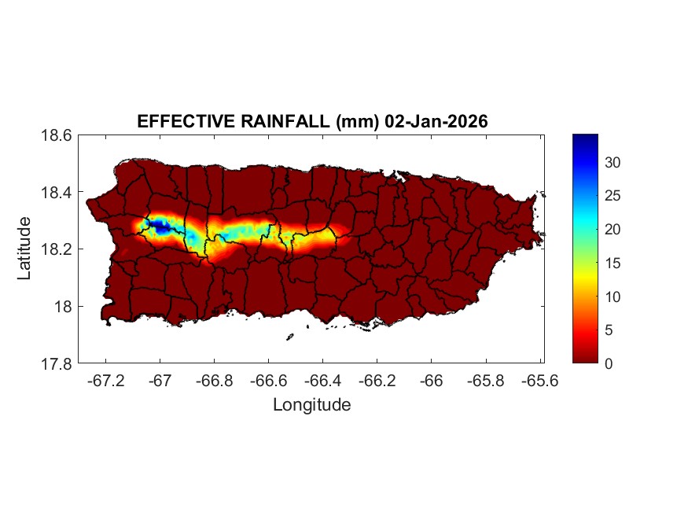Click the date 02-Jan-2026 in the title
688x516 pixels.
(x=436, y=122)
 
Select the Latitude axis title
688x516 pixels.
(x=25, y=249)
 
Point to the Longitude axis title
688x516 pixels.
(x=311, y=405)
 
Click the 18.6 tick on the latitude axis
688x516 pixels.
(x=57, y=135)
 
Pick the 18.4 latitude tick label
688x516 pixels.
(x=57, y=193)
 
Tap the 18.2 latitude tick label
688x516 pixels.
(x=57, y=249)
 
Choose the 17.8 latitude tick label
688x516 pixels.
(x=57, y=363)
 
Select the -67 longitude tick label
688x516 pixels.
(x=160, y=379)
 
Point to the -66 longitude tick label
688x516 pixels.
(x=432, y=379)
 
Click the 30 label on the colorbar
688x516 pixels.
(x=613, y=162)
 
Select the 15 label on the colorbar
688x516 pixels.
(x=613, y=263)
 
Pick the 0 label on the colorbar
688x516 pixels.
(x=609, y=363)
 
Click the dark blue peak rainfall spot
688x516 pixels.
(x=160, y=227)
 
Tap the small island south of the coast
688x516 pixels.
(x=289, y=337)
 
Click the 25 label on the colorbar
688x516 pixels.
(x=613, y=196)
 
